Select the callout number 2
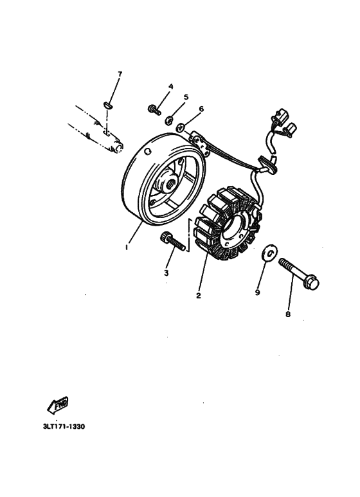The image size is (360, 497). [x=199, y=296]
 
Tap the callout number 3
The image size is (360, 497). [x=166, y=272]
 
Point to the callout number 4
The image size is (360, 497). [x=171, y=87]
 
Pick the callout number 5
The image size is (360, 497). [x=186, y=97]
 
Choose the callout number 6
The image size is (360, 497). [x=201, y=109]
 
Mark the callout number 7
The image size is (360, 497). [x=119, y=75]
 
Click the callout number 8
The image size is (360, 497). [x=288, y=314]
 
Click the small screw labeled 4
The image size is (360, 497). [x=154, y=110]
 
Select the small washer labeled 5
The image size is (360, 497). [x=168, y=118]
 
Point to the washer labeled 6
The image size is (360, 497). [x=182, y=126]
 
